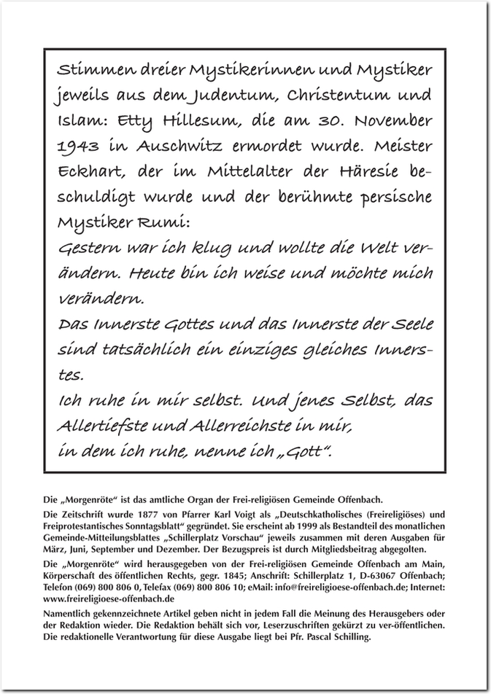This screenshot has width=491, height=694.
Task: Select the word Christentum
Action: coord(340,95)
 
